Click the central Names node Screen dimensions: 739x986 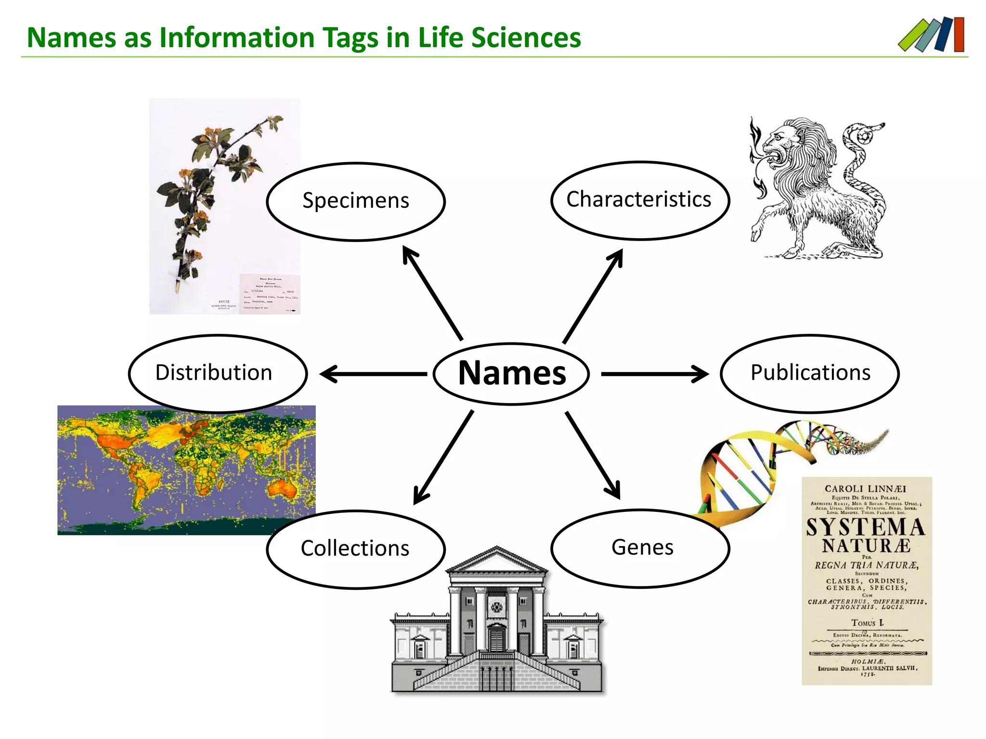tap(511, 374)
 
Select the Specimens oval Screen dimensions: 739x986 tap(356, 201)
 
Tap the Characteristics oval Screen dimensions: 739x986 tap(639, 200)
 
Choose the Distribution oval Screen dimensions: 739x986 tap(218, 373)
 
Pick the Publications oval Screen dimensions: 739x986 tap(810, 373)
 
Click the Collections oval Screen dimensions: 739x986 tap(356, 549)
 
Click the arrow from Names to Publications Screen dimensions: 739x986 tap(654, 374)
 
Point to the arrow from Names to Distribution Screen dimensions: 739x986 tap(373, 374)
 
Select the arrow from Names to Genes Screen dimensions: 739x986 tap(593, 455)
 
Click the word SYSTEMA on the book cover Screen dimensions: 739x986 tap(865, 527)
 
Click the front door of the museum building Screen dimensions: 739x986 tap(496, 637)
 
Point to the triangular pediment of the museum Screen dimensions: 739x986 tap(497, 560)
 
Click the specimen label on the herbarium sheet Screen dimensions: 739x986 tap(270, 293)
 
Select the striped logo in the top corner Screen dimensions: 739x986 tap(932, 35)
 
